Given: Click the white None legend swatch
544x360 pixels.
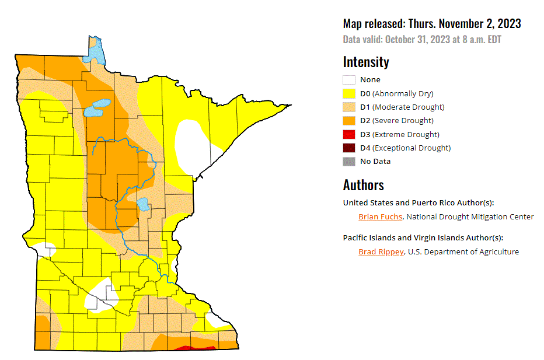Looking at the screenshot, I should click(348, 80).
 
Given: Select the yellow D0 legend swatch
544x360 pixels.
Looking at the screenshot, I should click(348, 93).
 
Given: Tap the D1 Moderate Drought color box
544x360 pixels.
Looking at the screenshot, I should click(348, 107).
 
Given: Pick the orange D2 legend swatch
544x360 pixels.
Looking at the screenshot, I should click(348, 121).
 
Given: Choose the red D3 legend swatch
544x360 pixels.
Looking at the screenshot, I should click(348, 134).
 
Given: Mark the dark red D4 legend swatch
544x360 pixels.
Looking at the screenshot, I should click(348, 148).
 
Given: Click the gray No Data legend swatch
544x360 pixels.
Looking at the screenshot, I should click(348, 161).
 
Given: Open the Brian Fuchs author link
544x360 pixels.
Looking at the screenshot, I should click(380, 216).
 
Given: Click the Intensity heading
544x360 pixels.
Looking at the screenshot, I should click(366, 62).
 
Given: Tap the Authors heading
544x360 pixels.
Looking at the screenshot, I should click(363, 185).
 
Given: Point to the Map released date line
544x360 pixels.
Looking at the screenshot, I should click(432, 24).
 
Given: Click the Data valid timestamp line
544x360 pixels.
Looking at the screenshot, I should click(422, 40).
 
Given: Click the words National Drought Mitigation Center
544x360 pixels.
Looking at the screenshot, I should click(470, 216).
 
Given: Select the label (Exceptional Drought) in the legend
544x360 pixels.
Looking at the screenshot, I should click(412, 148).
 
